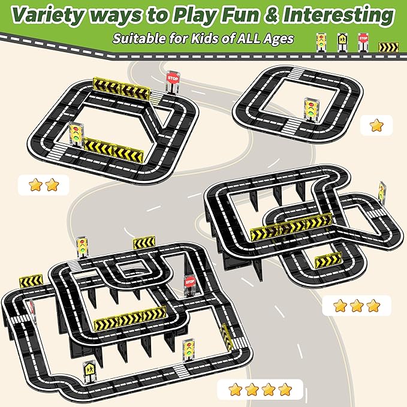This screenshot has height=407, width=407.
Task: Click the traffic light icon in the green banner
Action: click(x=321, y=42)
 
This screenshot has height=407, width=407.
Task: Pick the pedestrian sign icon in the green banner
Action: click(x=342, y=43)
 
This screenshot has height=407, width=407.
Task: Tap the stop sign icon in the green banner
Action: click(x=363, y=42)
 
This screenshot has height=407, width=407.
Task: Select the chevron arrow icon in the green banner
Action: click(x=388, y=47)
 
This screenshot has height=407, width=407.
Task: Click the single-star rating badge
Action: click(x=376, y=125)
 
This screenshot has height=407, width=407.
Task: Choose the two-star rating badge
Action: click(x=44, y=185)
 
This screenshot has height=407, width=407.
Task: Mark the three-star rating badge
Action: click(x=357, y=306)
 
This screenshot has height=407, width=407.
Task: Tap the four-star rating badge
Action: click(x=260, y=390)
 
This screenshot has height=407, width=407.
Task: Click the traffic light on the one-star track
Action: click(x=312, y=109)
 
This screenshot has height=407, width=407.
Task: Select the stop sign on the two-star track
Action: click(x=173, y=82)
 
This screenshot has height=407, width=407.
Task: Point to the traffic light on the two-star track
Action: click(x=76, y=135)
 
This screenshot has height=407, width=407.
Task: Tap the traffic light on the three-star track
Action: click(x=382, y=192)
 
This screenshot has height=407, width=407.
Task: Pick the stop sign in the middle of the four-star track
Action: click(x=189, y=285)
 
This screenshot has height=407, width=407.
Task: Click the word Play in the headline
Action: click(x=195, y=16)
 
